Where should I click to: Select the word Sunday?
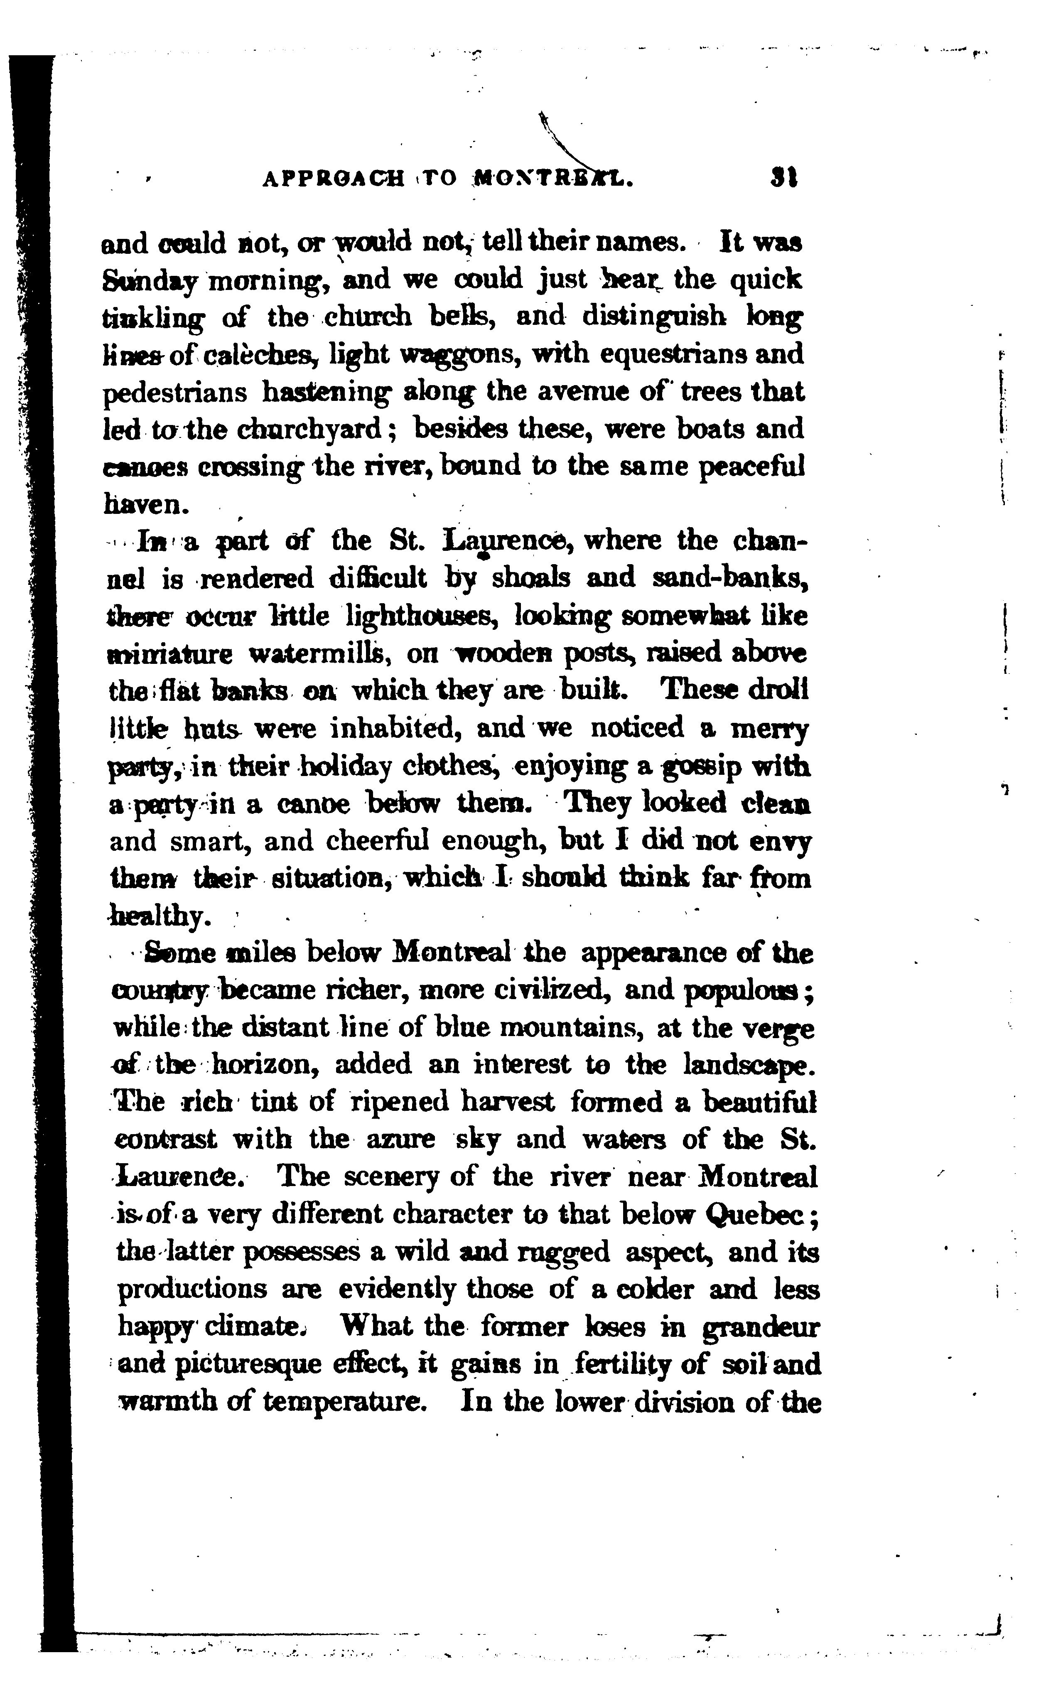point(146,282)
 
